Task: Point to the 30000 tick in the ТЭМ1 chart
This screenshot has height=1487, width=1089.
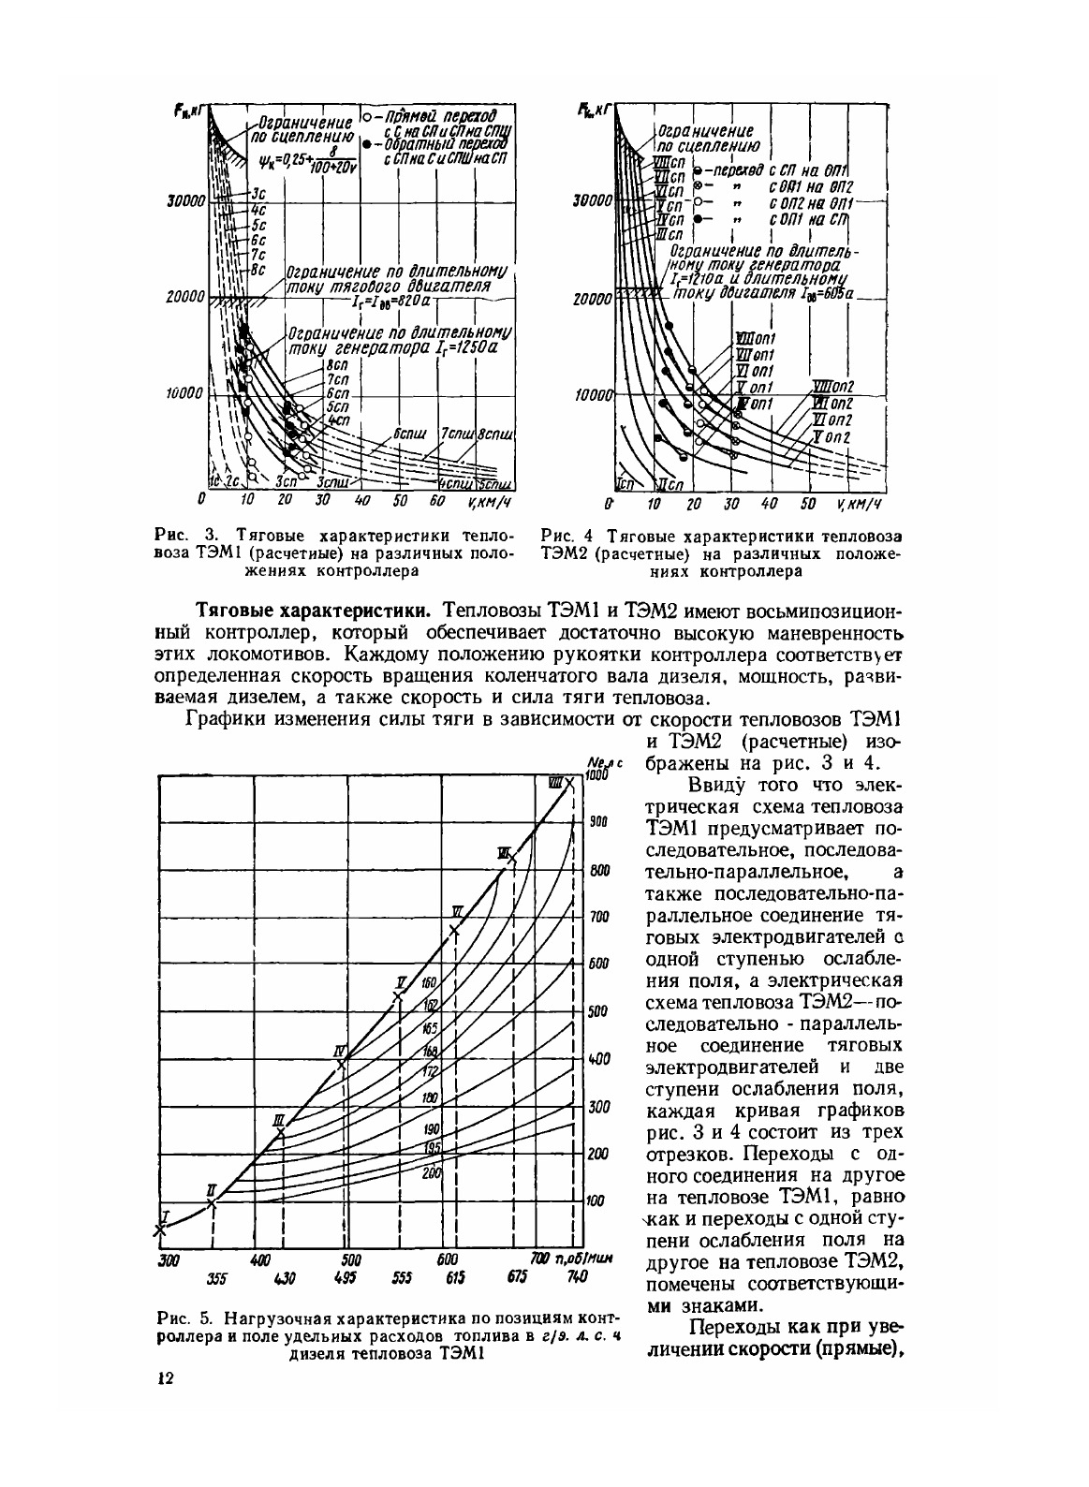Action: point(185,199)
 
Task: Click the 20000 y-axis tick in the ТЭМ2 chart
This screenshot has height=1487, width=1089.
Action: point(593,299)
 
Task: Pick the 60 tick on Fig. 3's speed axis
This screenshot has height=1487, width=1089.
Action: point(435,501)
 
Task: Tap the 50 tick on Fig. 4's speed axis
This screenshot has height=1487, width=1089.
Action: point(808,504)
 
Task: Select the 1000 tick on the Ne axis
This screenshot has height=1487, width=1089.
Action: point(596,775)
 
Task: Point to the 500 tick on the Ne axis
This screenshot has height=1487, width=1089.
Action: point(597,1011)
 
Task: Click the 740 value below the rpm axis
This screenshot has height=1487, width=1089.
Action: point(578,1276)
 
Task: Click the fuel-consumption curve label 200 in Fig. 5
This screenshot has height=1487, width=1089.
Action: point(431,1172)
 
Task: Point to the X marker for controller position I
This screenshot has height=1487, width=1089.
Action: point(158,1230)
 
